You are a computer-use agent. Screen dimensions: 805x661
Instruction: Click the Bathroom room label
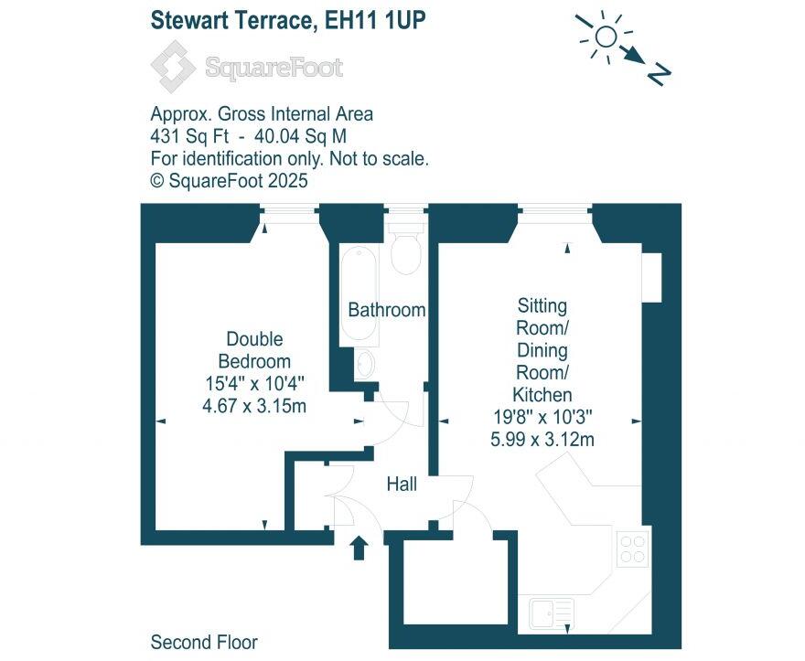(386, 310)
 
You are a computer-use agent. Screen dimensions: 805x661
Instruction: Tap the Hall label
(402, 484)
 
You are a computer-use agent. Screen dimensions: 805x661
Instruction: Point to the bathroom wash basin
(364, 364)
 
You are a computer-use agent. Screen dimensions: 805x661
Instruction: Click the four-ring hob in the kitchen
(632, 549)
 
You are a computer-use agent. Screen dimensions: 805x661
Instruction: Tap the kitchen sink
(551, 613)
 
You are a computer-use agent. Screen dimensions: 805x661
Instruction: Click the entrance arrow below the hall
(359, 547)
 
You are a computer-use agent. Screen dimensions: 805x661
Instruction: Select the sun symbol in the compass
(606, 36)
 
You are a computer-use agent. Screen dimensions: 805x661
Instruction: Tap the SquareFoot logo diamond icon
(173, 67)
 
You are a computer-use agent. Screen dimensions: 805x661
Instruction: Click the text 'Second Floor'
(204, 642)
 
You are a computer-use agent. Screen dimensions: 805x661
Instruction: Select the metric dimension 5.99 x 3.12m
(542, 440)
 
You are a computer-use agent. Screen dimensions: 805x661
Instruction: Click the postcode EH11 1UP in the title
(377, 20)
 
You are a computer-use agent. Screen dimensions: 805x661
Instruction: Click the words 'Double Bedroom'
(254, 350)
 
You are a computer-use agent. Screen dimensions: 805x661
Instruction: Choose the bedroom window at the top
(285, 214)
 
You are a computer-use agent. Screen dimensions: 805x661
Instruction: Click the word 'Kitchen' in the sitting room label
(542, 395)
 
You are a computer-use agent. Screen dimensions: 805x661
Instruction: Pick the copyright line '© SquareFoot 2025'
(229, 180)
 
